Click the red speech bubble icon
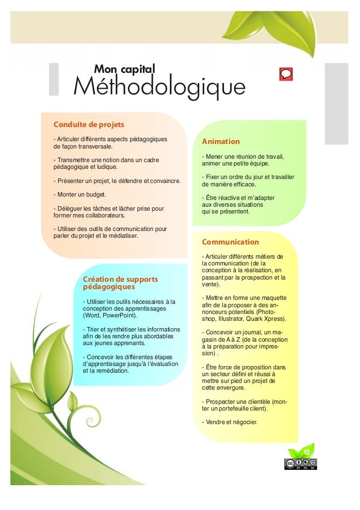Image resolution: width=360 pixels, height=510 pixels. coord(286,74)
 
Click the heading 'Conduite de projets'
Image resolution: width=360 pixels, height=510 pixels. coord(88,124)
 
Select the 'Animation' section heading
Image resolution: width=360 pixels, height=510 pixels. coord(221,141)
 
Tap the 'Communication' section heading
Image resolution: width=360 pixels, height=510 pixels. coord(230,242)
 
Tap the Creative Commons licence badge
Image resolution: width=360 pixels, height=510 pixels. coord(300,464)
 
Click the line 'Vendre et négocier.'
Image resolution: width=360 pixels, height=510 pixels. coord(230,421)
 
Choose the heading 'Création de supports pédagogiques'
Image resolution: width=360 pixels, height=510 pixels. coord(120,283)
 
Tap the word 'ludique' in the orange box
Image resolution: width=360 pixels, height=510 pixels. coord(105,167)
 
